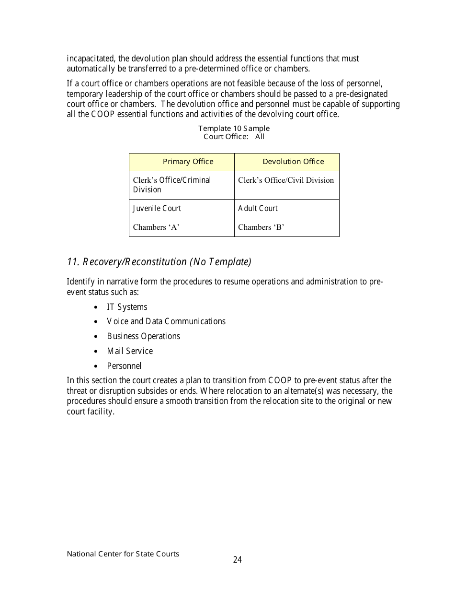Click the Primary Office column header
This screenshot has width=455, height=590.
pos(188,162)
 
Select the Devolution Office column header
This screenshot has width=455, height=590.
pos(293,162)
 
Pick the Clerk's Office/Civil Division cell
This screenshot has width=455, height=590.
pos(286,180)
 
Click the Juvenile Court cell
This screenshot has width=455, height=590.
pos(157,209)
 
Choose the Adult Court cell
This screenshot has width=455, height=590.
pos(258,209)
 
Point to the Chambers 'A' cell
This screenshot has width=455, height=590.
pos(156,227)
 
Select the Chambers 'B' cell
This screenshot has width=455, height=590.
pos(261,227)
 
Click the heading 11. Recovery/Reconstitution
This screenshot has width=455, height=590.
pos(159,262)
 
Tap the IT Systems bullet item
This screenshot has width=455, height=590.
pos(127,307)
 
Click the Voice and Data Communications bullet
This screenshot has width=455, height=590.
pos(166,321)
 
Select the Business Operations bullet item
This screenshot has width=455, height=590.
pos(143,336)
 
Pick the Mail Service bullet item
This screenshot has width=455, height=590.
pos(130,351)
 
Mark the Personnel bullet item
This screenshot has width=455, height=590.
pos(124,366)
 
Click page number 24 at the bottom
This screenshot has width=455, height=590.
pos(238,560)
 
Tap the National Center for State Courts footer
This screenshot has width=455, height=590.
pos(123,554)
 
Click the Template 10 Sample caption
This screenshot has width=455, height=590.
pos(234,129)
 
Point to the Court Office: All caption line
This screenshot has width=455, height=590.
pos(234,137)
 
